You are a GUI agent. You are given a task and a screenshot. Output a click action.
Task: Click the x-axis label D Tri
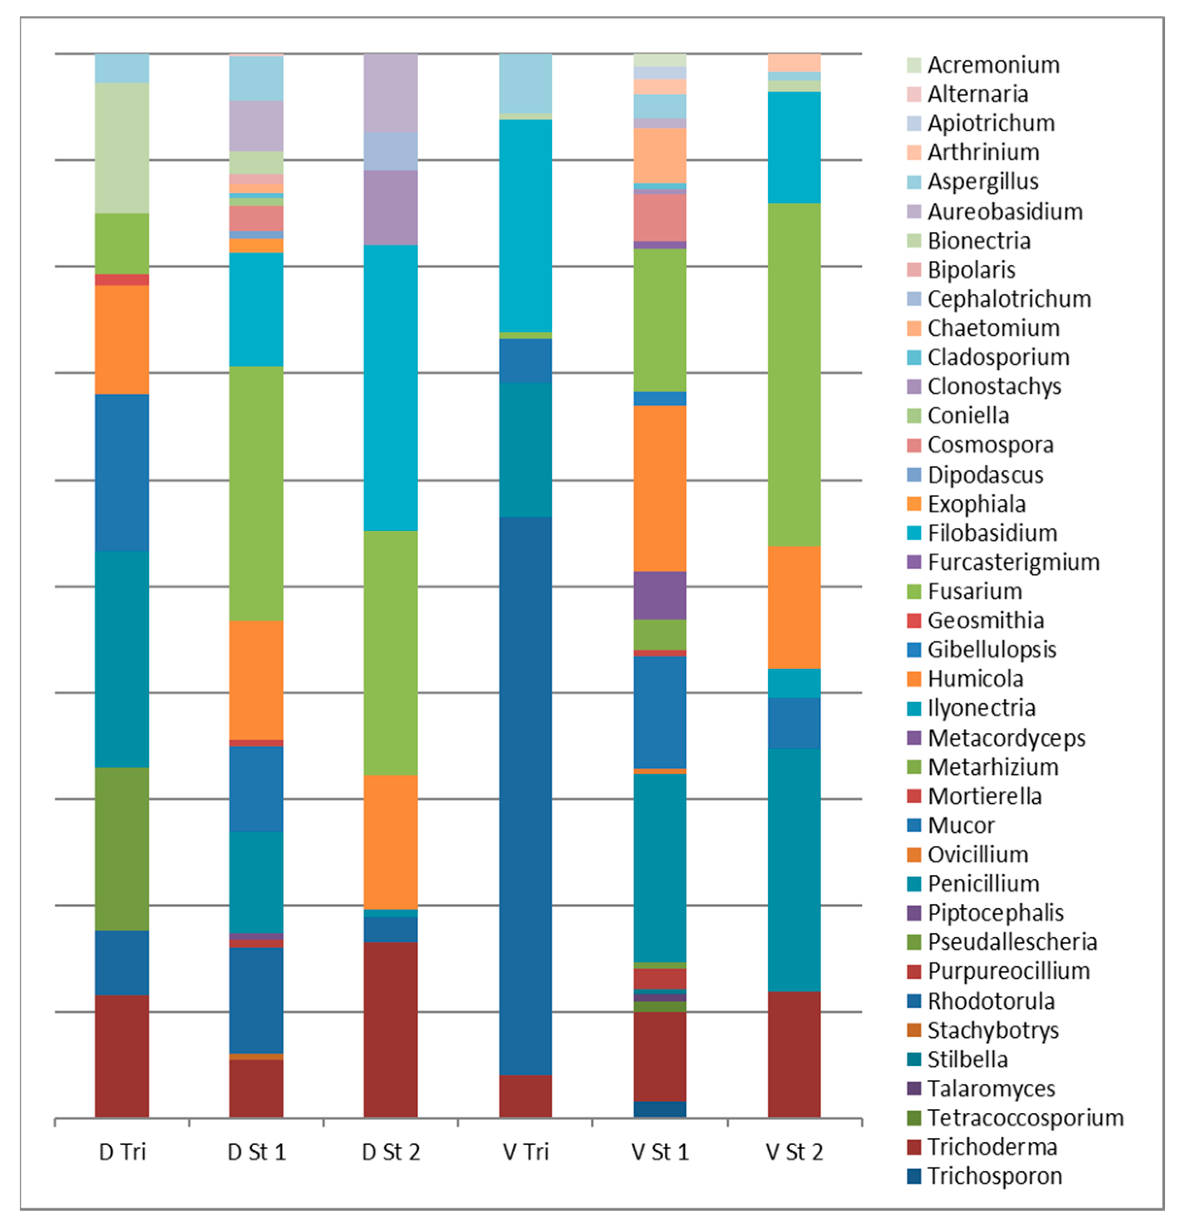(122, 1152)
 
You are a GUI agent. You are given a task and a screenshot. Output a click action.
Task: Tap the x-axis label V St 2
(794, 1152)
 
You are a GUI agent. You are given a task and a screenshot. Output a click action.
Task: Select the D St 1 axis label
(256, 1152)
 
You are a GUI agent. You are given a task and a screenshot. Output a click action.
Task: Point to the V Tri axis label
(525, 1152)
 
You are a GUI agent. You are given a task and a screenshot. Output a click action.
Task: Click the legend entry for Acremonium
(993, 65)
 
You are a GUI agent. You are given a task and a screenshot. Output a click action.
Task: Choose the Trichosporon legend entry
(994, 1176)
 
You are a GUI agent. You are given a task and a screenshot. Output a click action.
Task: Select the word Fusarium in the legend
(975, 591)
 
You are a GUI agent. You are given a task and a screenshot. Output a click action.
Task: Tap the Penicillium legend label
(983, 883)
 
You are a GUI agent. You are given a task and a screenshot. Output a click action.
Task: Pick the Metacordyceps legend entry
(1006, 738)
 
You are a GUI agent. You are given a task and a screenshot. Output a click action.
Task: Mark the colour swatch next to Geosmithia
(914, 621)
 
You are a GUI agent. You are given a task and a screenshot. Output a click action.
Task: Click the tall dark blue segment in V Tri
(525, 794)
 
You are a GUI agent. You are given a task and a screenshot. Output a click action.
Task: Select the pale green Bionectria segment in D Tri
(122, 148)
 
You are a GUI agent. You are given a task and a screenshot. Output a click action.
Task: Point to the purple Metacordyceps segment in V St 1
(660, 595)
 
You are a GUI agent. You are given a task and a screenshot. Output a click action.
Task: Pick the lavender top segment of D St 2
(391, 93)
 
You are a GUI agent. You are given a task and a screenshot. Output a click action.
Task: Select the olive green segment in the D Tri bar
(122, 849)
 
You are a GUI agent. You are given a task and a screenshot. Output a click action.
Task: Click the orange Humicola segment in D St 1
(256, 679)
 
